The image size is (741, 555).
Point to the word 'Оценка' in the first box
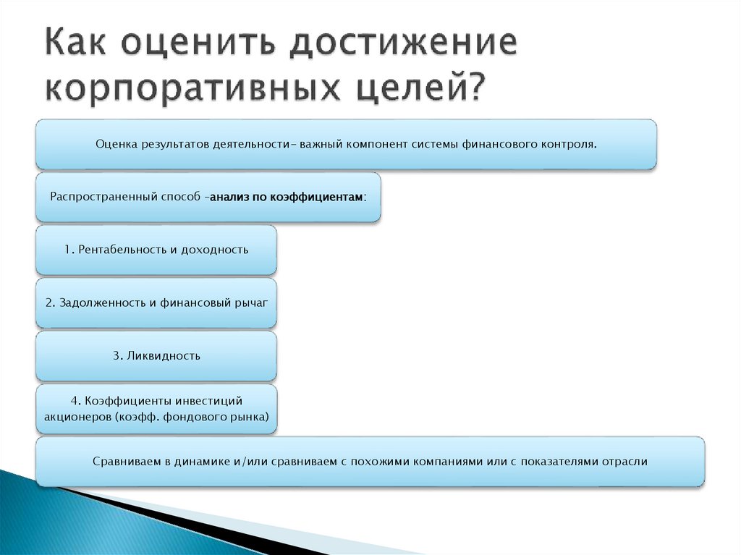(116, 144)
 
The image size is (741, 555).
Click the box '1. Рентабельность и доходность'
(156, 250)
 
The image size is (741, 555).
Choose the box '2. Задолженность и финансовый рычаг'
(156, 302)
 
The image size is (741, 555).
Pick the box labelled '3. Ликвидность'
(156, 355)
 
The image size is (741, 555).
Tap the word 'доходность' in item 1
(218, 250)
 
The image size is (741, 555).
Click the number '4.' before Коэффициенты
(75, 401)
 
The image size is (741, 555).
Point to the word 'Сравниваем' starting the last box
(124, 461)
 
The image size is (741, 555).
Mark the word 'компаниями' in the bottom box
(442, 461)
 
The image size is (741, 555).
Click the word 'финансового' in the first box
(501, 144)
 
